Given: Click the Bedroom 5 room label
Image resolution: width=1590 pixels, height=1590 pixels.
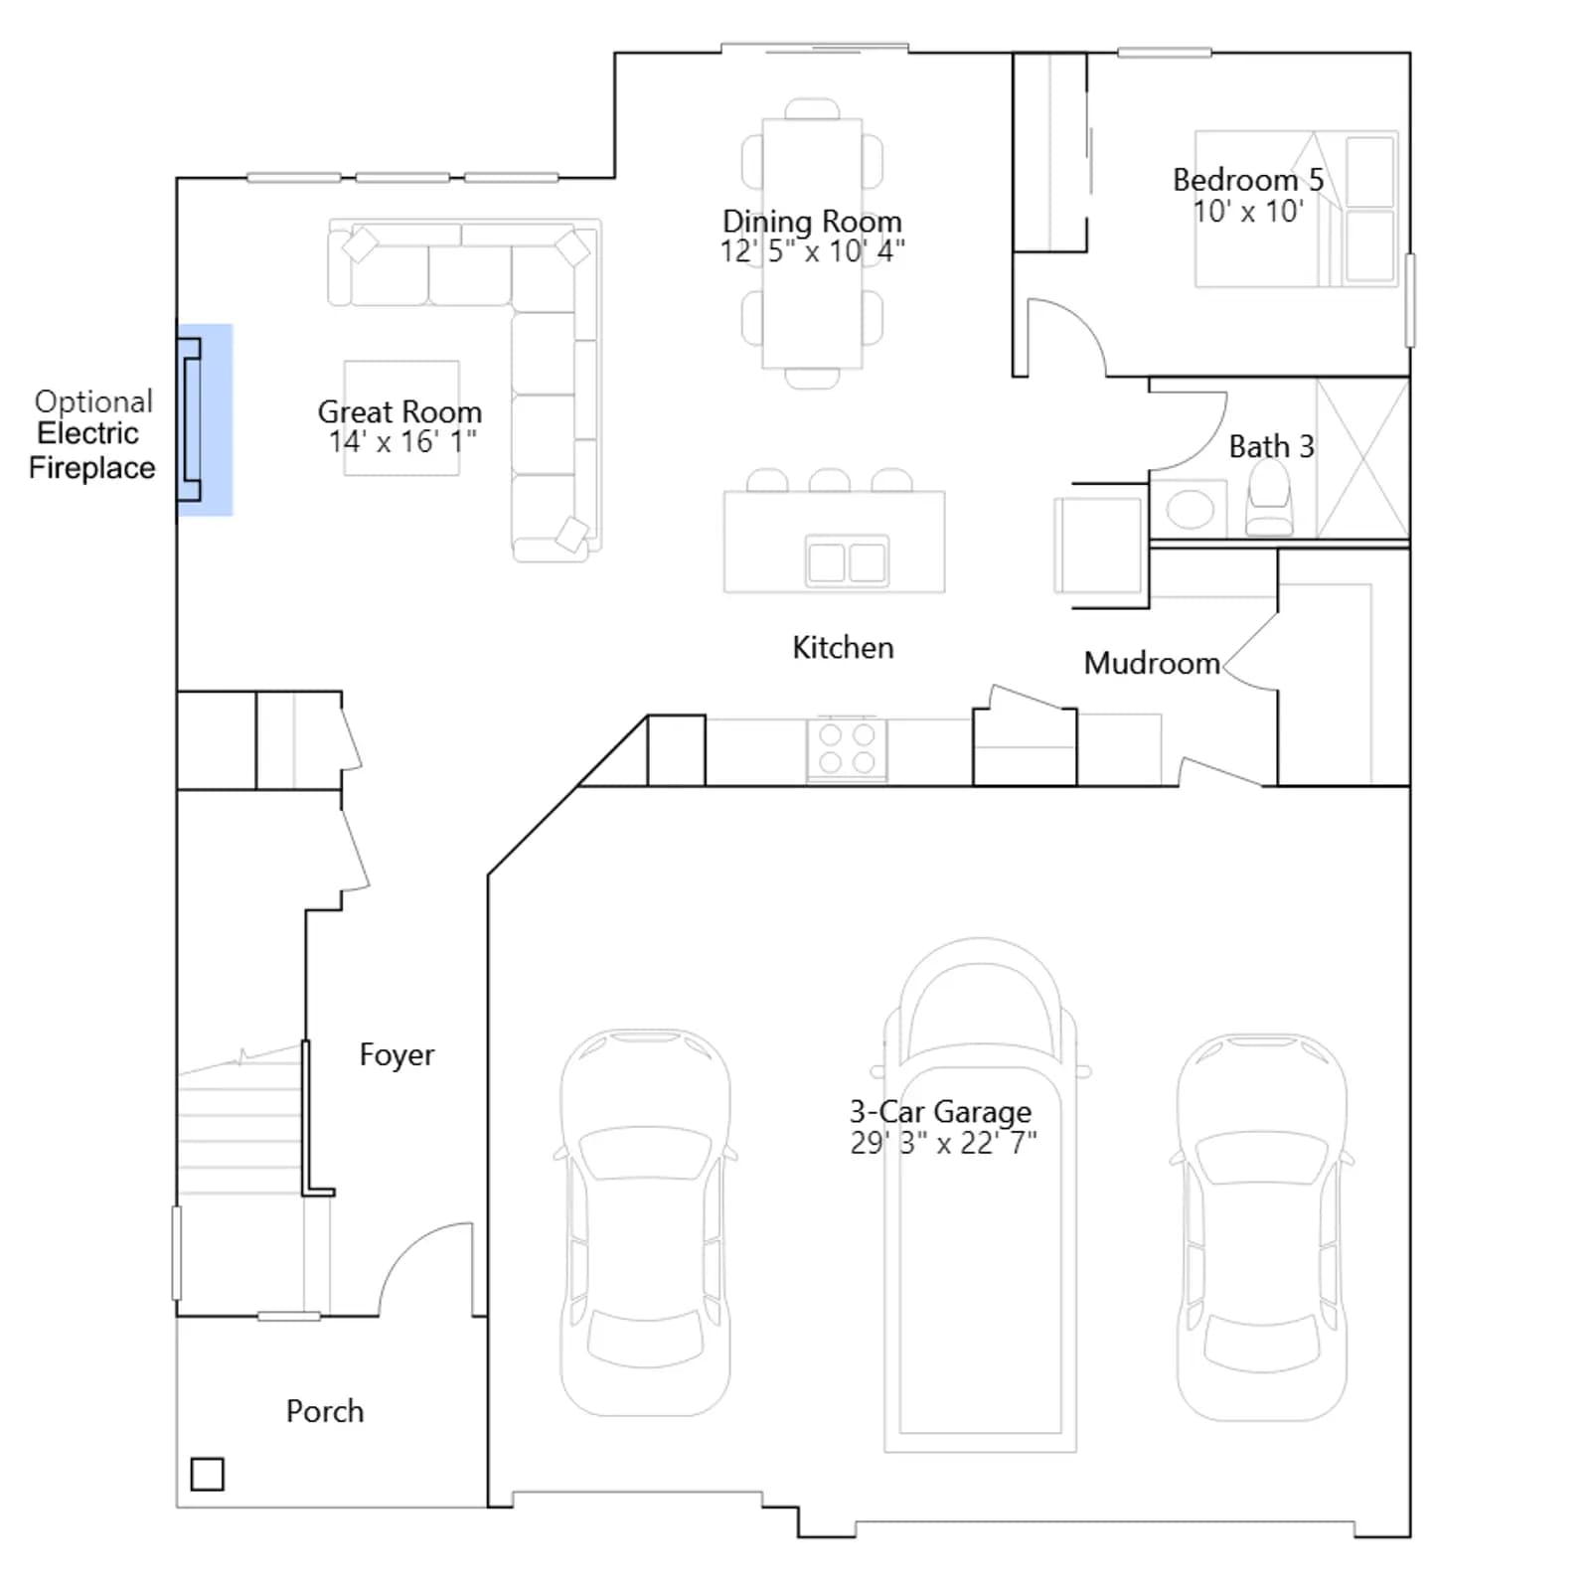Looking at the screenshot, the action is [x=1248, y=180].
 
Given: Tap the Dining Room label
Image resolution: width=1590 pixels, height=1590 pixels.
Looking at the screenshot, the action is [x=812, y=221].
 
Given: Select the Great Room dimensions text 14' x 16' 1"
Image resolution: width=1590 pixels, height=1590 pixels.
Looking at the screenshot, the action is [x=402, y=441].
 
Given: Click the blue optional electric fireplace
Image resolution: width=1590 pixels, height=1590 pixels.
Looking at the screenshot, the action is [x=205, y=419].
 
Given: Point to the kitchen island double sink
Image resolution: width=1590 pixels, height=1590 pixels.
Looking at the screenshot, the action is [x=847, y=561].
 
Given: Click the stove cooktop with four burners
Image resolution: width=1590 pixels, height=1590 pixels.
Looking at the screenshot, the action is [x=847, y=749].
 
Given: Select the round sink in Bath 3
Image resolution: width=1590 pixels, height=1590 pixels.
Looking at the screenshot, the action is [x=1190, y=511].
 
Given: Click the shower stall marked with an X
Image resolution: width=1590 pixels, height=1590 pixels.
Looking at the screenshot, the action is [x=1362, y=459].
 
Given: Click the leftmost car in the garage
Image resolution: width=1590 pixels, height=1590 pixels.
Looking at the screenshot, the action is [x=646, y=1222].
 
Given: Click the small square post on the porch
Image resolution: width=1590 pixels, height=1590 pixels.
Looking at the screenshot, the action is [x=207, y=1474].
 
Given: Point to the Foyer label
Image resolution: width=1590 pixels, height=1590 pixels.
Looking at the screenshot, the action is [x=397, y=1054].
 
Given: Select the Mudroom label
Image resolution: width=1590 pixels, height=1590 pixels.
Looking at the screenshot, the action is [x=1152, y=663].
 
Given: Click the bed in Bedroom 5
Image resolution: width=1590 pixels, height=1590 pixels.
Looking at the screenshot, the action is [x=1296, y=209].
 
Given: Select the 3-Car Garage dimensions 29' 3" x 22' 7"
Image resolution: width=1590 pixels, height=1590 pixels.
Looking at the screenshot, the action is [x=943, y=1143].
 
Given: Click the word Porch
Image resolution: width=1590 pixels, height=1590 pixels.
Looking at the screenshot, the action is [x=325, y=1411].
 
